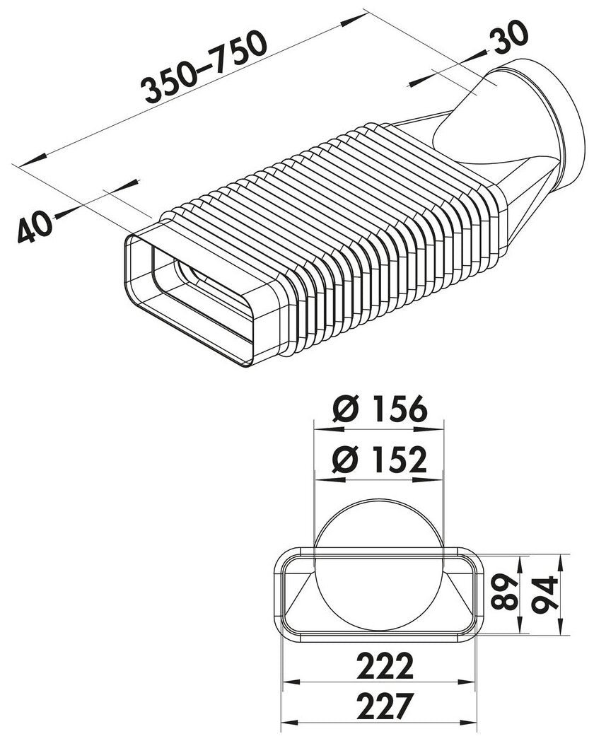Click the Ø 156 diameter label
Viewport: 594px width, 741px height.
tap(379, 410)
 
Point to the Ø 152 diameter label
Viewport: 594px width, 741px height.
tap(379, 462)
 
